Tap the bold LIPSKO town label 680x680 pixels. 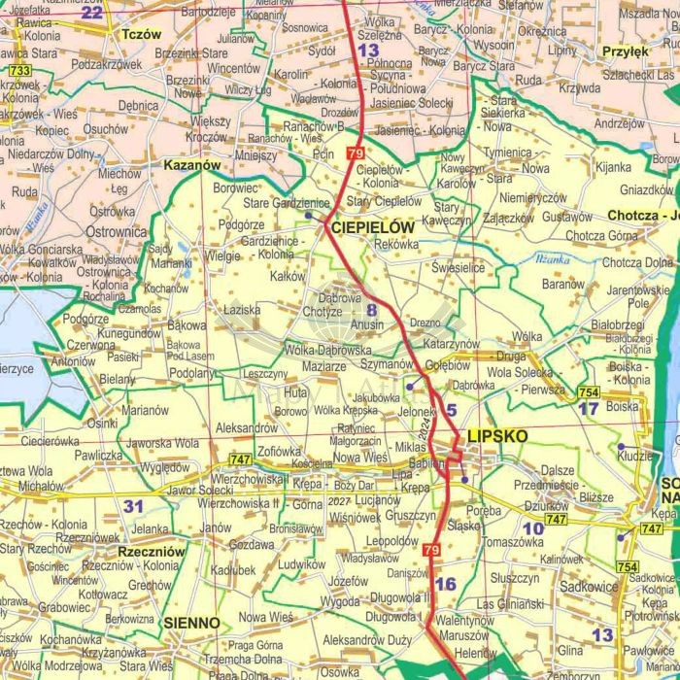pyautogui.click(x=497, y=436)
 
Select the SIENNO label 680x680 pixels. pyautogui.click(x=191, y=622)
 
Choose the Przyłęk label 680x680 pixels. pyautogui.click(x=625, y=52)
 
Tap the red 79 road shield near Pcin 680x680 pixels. pyautogui.click(x=355, y=153)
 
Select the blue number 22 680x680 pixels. pyautogui.click(x=91, y=12)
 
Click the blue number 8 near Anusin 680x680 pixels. pyautogui.click(x=370, y=310)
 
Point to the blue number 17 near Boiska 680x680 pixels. pyautogui.click(x=589, y=409)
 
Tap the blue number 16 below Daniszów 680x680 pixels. pyautogui.click(x=445, y=584)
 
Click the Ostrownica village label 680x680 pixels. pyautogui.click(x=117, y=232)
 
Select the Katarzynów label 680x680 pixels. pyautogui.click(x=452, y=344)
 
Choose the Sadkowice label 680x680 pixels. pyautogui.click(x=589, y=586)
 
